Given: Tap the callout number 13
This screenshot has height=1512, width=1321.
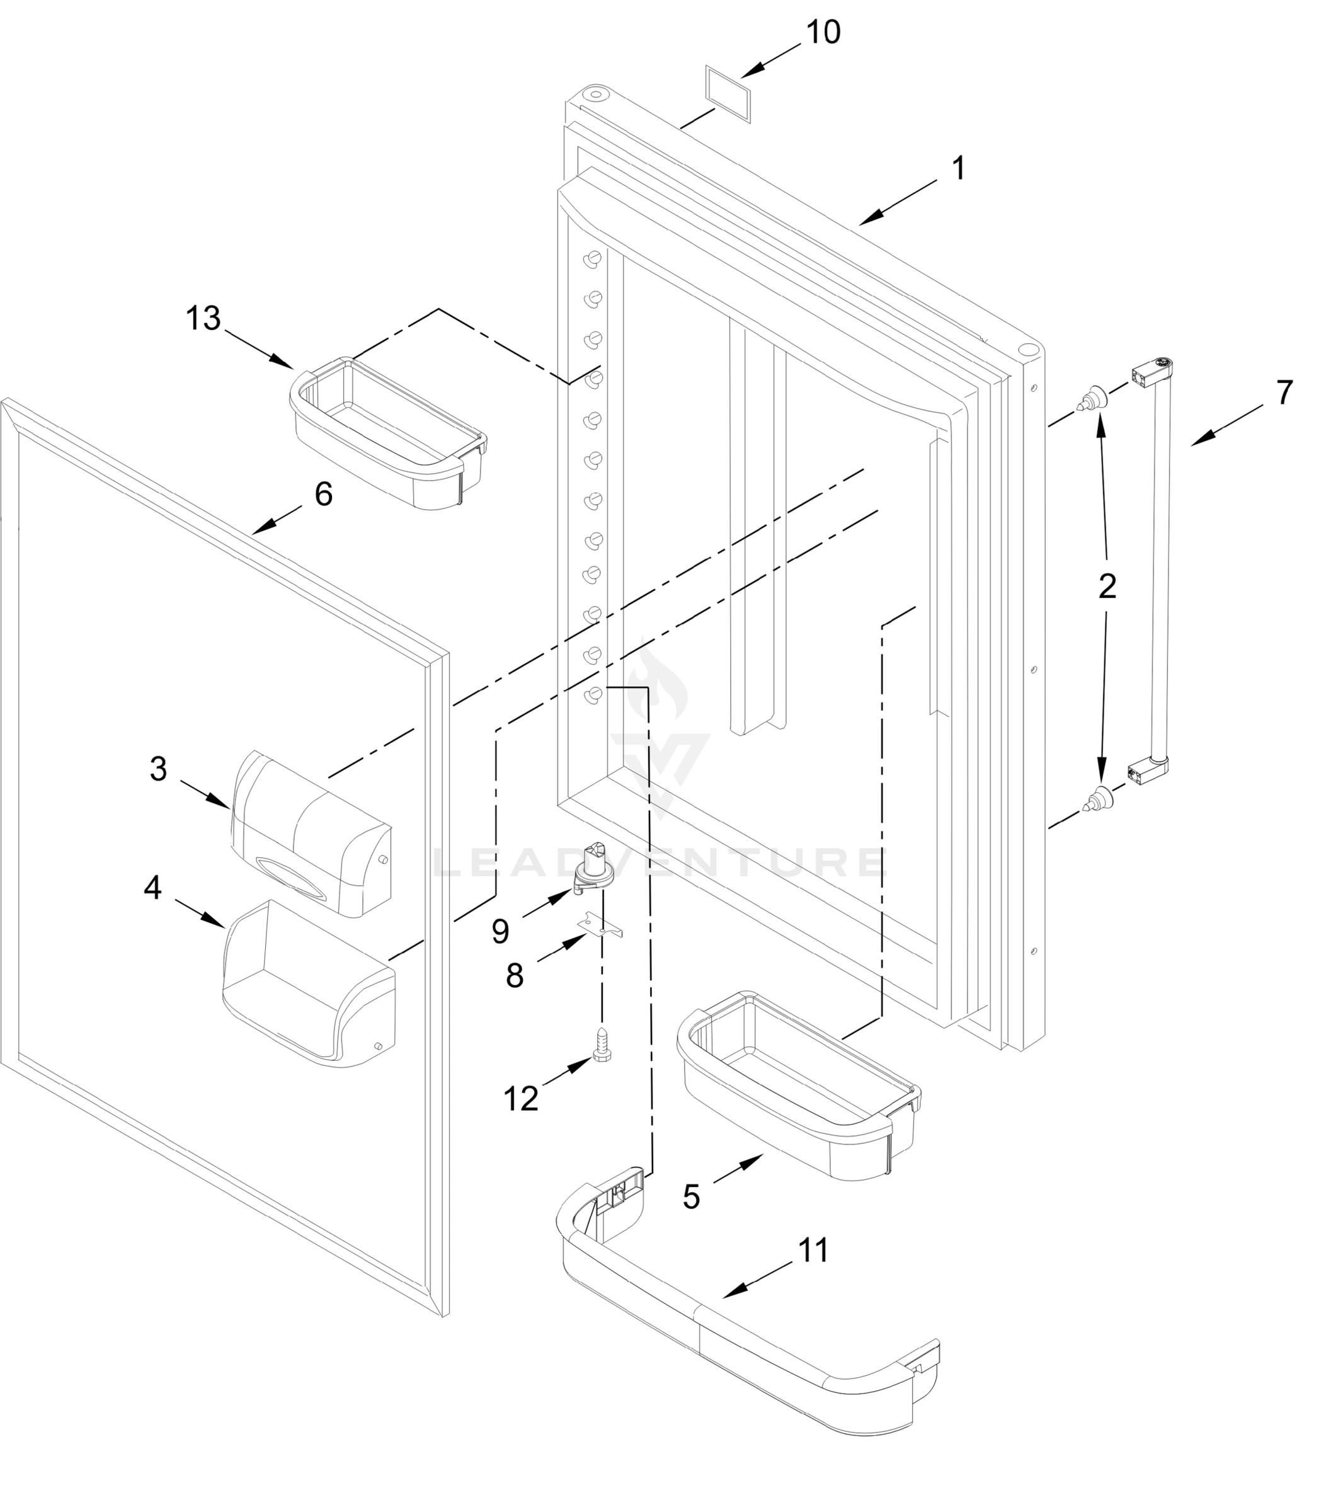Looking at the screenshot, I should (203, 319).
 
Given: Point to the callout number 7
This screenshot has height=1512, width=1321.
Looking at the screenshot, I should (1284, 392).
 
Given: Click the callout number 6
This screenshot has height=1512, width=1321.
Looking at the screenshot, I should (324, 494).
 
